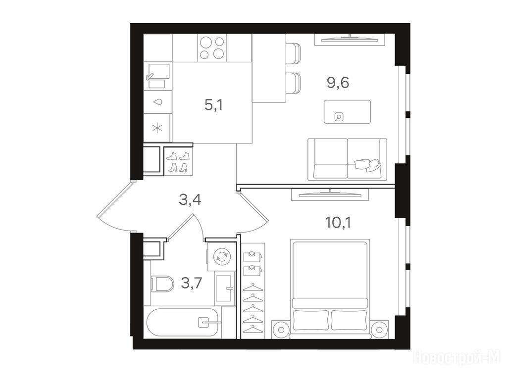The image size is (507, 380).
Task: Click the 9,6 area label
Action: coord(338,83)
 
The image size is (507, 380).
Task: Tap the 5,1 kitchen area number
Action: coord(214,105)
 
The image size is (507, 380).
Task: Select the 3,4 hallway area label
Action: coord(190,200)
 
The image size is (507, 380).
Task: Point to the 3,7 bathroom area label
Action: coord(192,283)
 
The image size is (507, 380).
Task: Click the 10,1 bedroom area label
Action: coord(338,223)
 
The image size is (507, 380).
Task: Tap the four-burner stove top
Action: coord(212,48)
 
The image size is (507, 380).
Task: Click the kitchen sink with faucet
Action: coord(158,76)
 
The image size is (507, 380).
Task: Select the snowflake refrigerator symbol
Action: coord(157,129)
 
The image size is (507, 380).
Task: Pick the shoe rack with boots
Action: coord(179,162)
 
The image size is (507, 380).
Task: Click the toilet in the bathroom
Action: coord(162,284)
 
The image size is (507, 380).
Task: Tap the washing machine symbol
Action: coord(221,257)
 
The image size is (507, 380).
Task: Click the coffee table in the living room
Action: coord(347,112)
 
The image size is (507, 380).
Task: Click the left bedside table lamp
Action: coord(281,330)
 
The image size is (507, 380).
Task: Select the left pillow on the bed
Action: coord(311,320)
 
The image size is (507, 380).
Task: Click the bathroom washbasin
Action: coord(224,288)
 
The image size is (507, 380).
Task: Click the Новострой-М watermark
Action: coord(457,358)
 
